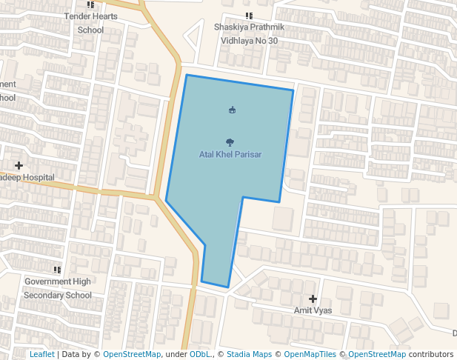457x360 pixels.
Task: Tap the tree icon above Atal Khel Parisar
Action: click(x=231, y=141)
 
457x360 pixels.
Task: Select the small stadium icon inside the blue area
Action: click(x=233, y=110)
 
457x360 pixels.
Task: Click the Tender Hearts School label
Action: click(x=90, y=23)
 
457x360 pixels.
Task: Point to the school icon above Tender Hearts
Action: click(x=90, y=4)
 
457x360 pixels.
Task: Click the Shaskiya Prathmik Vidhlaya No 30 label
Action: click(x=249, y=34)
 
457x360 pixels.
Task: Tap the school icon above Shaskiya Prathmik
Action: click(x=249, y=16)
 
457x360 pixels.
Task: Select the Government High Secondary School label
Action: click(x=58, y=288)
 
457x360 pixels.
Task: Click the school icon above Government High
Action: click(x=57, y=270)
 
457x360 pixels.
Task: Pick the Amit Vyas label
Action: click(x=313, y=310)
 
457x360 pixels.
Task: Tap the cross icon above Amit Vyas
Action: click(x=313, y=299)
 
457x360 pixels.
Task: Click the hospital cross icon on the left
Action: click(x=19, y=165)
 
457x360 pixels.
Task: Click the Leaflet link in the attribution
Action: click(x=42, y=355)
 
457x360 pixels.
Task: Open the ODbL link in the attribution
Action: click(x=200, y=355)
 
